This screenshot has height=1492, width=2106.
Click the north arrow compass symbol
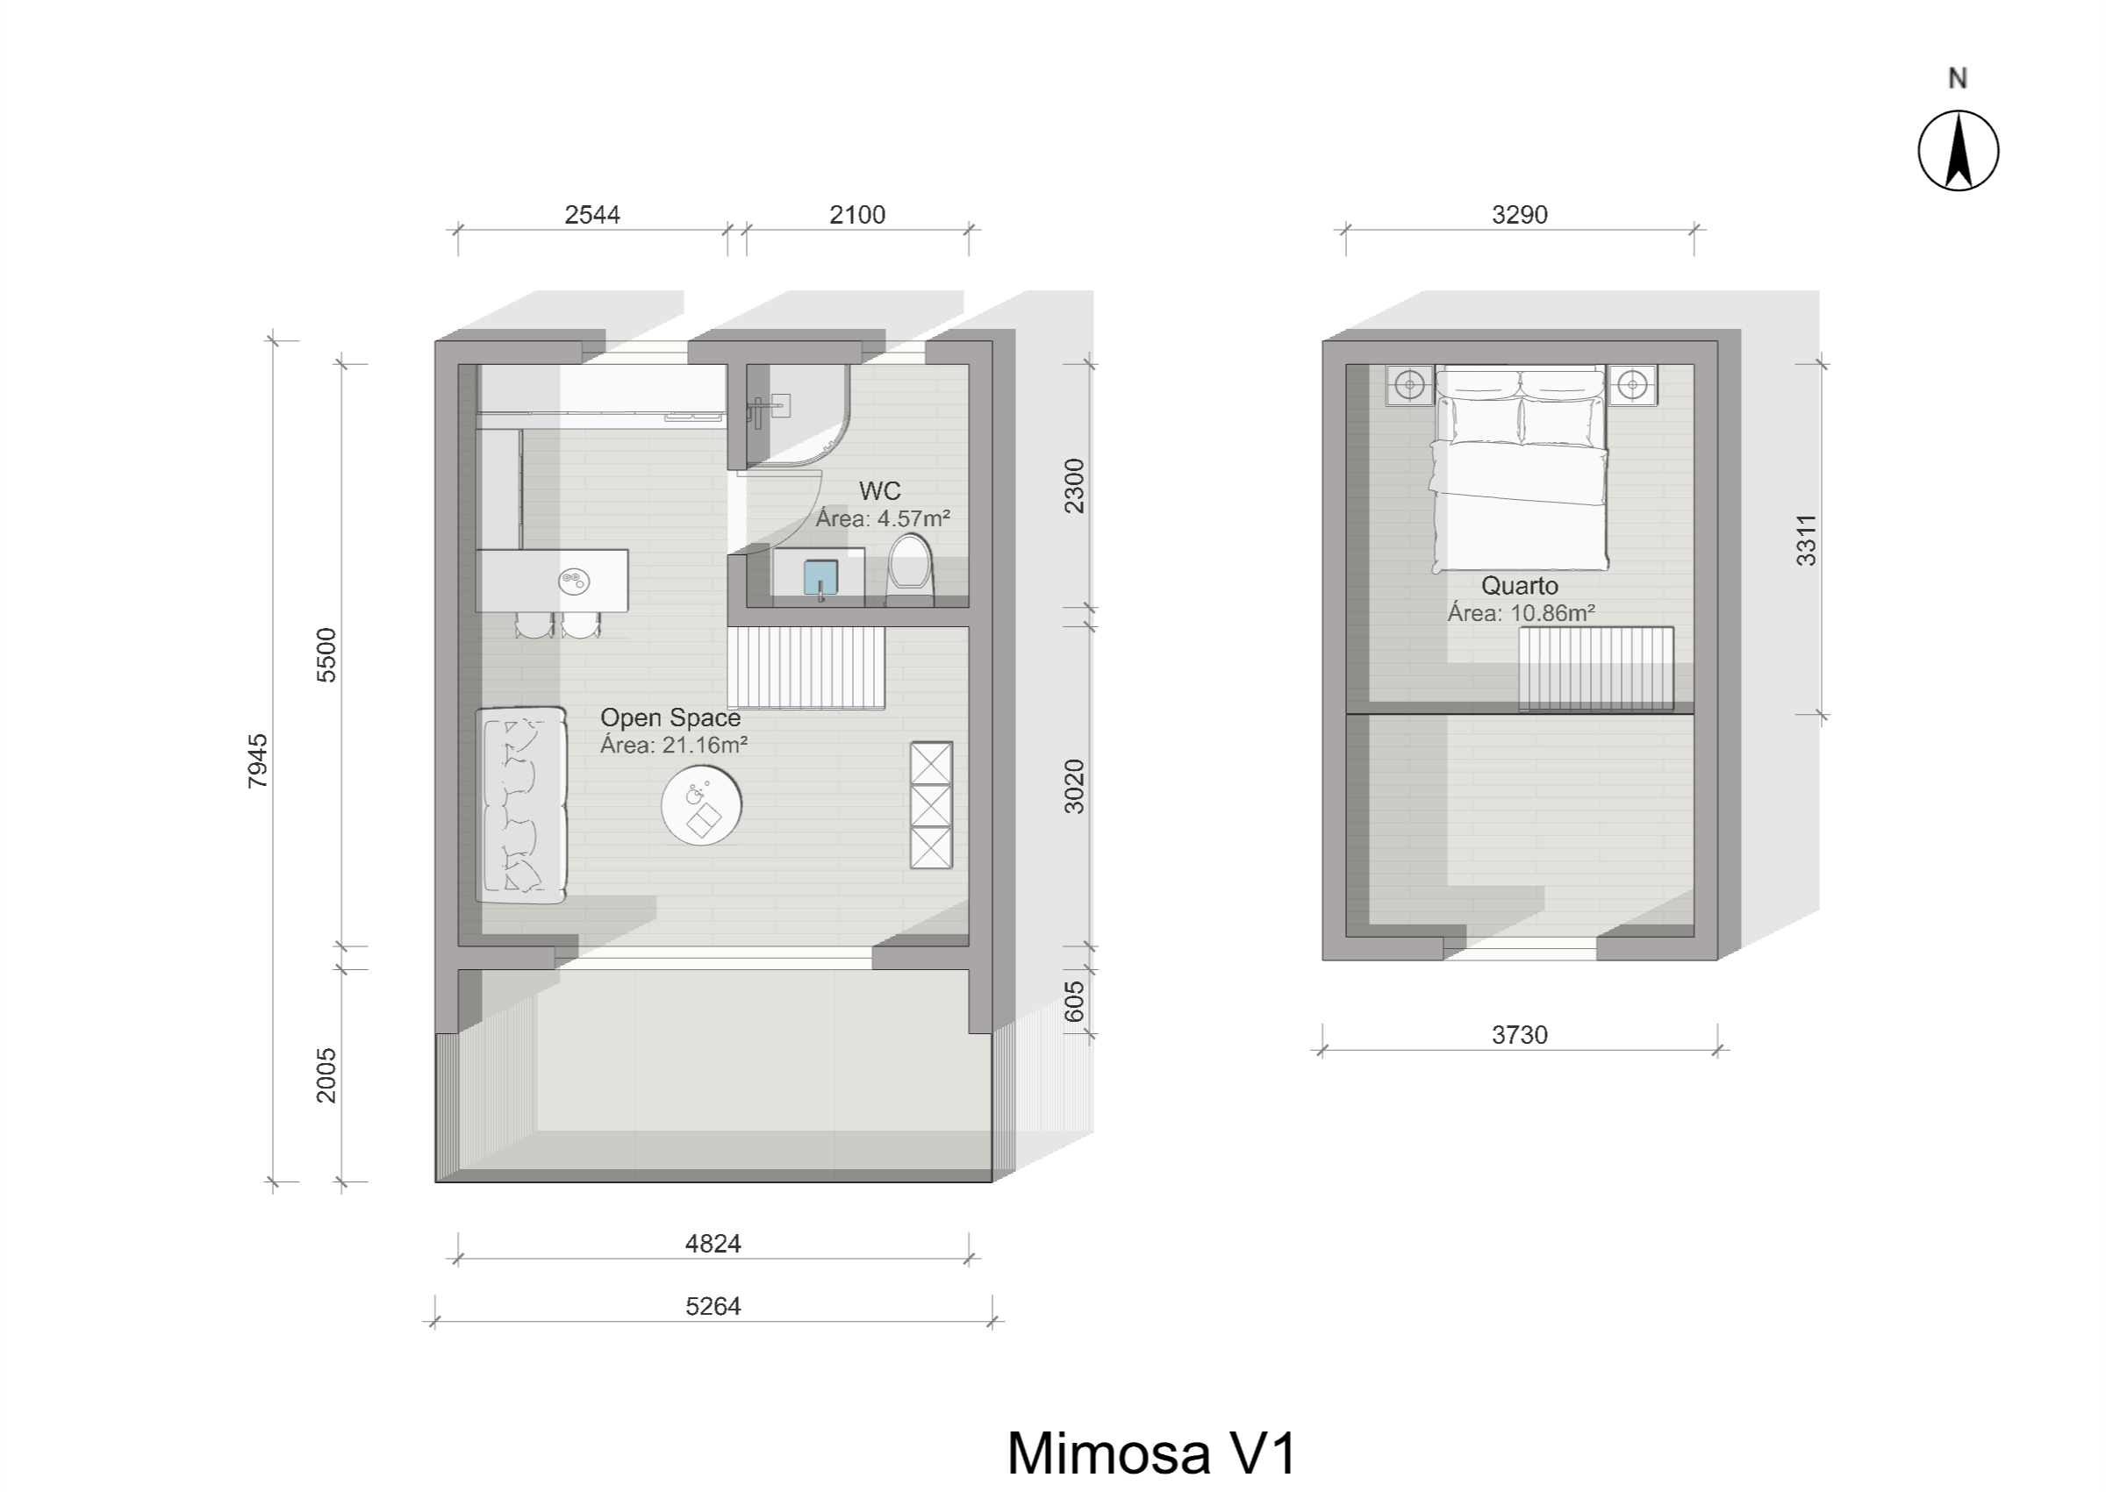(1958, 151)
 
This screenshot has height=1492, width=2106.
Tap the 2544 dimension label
(591, 215)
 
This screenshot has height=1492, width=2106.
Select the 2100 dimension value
(857, 215)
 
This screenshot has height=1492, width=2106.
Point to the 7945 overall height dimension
(258, 760)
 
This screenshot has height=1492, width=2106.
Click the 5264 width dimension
(713, 1305)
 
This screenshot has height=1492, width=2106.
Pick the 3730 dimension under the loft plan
(1520, 1034)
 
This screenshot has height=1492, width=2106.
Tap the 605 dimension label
(1074, 1002)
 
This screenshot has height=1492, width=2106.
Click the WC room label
(879, 490)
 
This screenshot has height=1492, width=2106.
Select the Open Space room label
(670, 717)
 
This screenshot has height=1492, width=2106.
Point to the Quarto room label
(1520, 585)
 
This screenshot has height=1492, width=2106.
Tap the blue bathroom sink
(820, 578)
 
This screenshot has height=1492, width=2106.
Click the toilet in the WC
(910, 568)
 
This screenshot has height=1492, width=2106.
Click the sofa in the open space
(520, 805)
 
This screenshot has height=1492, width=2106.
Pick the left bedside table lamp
(1410, 384)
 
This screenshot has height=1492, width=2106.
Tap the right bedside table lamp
(1633, 384)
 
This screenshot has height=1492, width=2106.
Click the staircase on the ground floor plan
(806, 667)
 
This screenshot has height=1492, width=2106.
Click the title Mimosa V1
(1152, 1453)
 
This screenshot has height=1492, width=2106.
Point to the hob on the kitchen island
(574, 581)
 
